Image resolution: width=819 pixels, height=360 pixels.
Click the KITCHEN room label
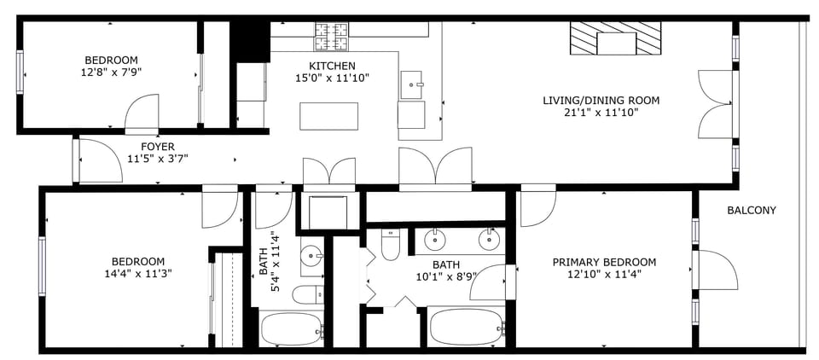[332, 66]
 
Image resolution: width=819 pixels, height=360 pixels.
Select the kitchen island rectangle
[328, 115]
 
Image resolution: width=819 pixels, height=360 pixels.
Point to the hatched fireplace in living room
[615, 39]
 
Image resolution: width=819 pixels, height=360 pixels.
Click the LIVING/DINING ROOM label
[601, 100]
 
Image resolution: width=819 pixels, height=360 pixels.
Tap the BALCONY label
[751, 210]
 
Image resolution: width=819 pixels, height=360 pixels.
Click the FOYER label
[158, 146]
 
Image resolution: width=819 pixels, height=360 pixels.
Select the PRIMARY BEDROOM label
[604, 262]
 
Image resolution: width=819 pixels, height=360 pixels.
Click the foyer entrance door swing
[95, 160]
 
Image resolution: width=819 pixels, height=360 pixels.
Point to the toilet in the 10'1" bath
[390, 246]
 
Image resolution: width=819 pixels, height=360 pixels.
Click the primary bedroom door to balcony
[715, 270]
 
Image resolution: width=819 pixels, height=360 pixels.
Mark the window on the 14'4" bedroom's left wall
[41, 266]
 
